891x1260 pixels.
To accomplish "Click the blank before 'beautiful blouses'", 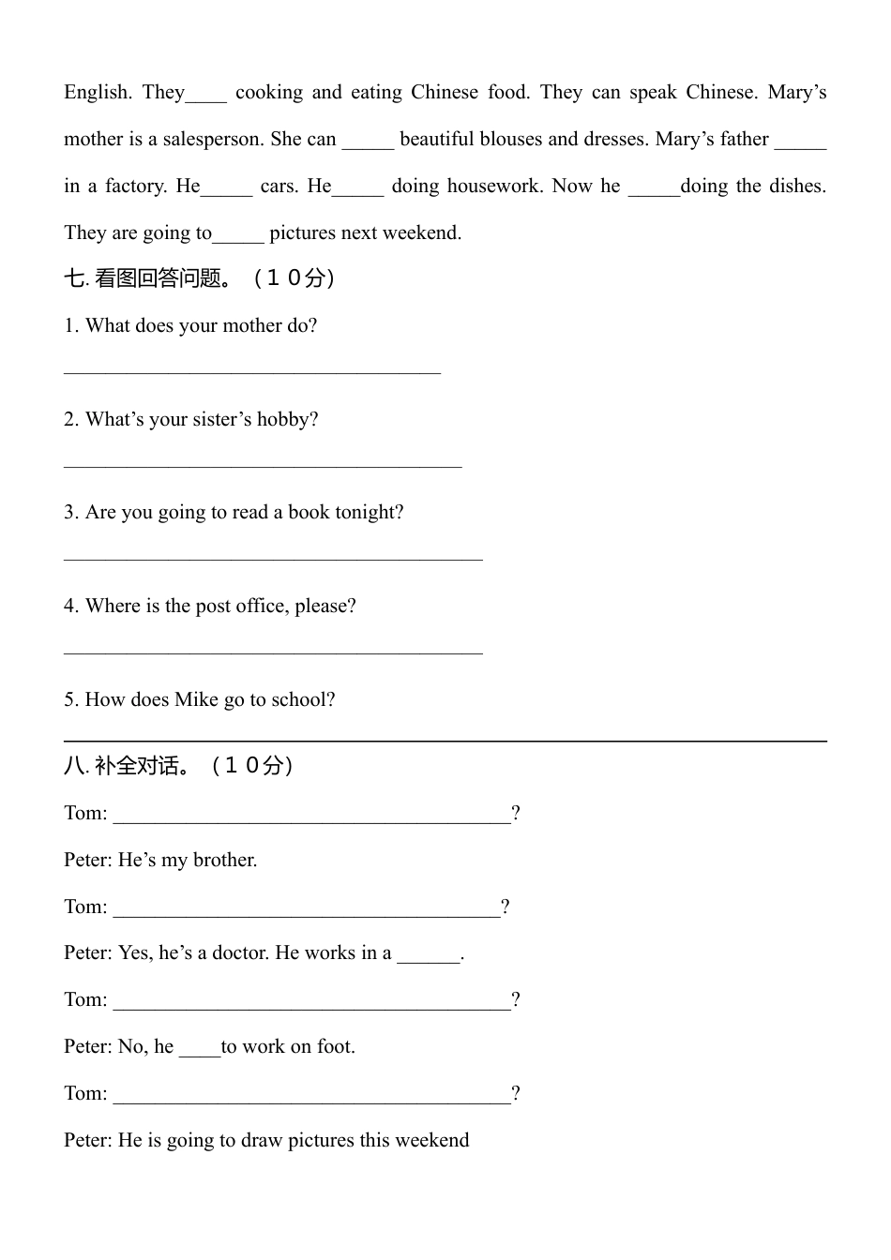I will [368, 143].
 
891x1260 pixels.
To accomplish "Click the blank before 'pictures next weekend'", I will [238, 237].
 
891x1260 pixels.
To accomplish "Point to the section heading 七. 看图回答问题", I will [199, 278].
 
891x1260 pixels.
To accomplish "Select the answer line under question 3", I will [273, 557].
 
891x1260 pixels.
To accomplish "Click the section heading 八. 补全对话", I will [178, 766].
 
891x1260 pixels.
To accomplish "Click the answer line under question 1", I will [252, 371].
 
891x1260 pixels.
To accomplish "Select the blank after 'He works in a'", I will [429, 958].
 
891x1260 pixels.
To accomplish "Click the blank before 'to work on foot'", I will [199, 1052].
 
